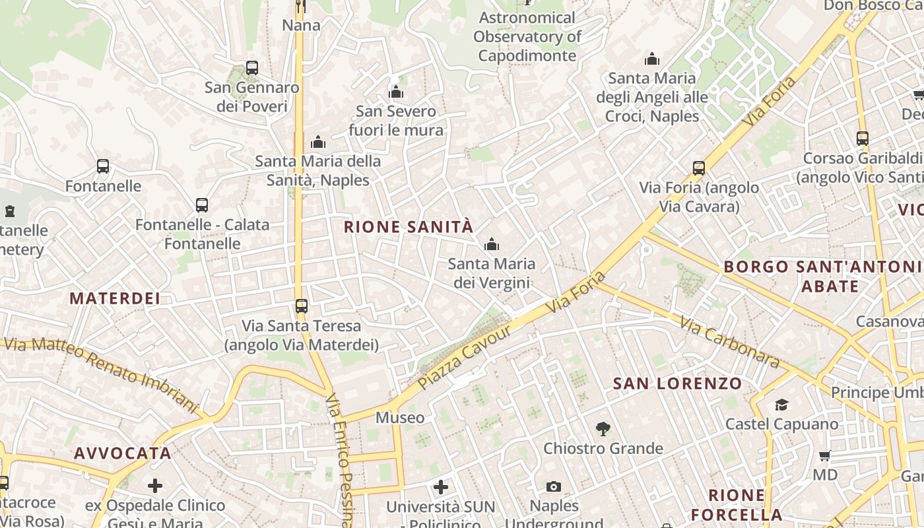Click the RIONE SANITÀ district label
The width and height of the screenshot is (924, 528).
click(409, 227)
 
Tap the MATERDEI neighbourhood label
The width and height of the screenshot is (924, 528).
click(115, 298)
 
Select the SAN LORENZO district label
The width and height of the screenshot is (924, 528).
click(677, 383)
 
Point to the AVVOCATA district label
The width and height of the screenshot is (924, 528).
click(123, 453)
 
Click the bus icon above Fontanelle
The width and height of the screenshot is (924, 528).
click(103, 166)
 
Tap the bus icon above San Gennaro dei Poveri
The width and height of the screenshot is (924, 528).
click(251, 67)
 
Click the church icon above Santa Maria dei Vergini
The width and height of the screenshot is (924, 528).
click(491, 245)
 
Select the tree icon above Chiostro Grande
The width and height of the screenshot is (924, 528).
click(603, 429)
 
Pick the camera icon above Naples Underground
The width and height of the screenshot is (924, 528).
click(554, 487)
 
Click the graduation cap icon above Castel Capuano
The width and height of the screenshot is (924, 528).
click(781, 405)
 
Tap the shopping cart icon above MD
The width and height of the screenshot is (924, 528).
click(824, 455)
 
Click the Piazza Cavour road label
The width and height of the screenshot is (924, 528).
click(465, 356)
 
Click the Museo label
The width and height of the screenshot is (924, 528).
click(400, 418)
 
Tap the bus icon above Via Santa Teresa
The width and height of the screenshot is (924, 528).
click(301, 306)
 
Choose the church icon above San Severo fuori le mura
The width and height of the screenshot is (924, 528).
click(396, 92)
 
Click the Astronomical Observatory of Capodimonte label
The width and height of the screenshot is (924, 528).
click(527, 36)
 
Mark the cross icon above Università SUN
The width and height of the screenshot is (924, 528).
click(441, 488)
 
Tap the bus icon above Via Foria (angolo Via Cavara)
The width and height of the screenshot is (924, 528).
click(699, 168)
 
